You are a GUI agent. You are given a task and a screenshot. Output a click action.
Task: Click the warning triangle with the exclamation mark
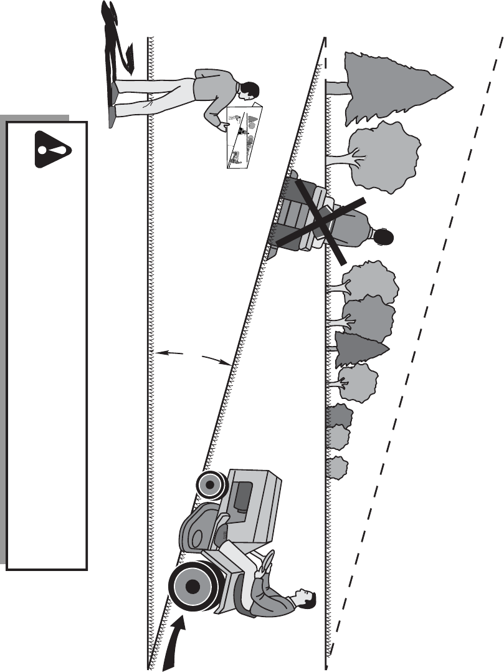click(x=52, y=148)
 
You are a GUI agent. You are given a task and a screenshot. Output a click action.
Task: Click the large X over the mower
click(x=318, y=221)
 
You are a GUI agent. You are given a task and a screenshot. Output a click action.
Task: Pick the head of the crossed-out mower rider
click(x=382, y=236)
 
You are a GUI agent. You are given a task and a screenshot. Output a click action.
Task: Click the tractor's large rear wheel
click(x=194, y=585)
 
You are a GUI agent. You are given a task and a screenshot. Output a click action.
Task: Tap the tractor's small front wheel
click(x=211, y=484)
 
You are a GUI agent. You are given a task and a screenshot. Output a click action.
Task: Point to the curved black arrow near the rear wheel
click(x=176, y=642)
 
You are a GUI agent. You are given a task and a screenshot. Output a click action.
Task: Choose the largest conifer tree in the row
click(x=392, y=87)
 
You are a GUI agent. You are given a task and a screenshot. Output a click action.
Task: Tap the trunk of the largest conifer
click(x=336, y=88)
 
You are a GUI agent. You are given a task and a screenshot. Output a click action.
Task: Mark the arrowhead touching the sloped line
click(x=226, y=362)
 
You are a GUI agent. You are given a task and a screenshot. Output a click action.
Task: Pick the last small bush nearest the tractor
click(x=336, y=468)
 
